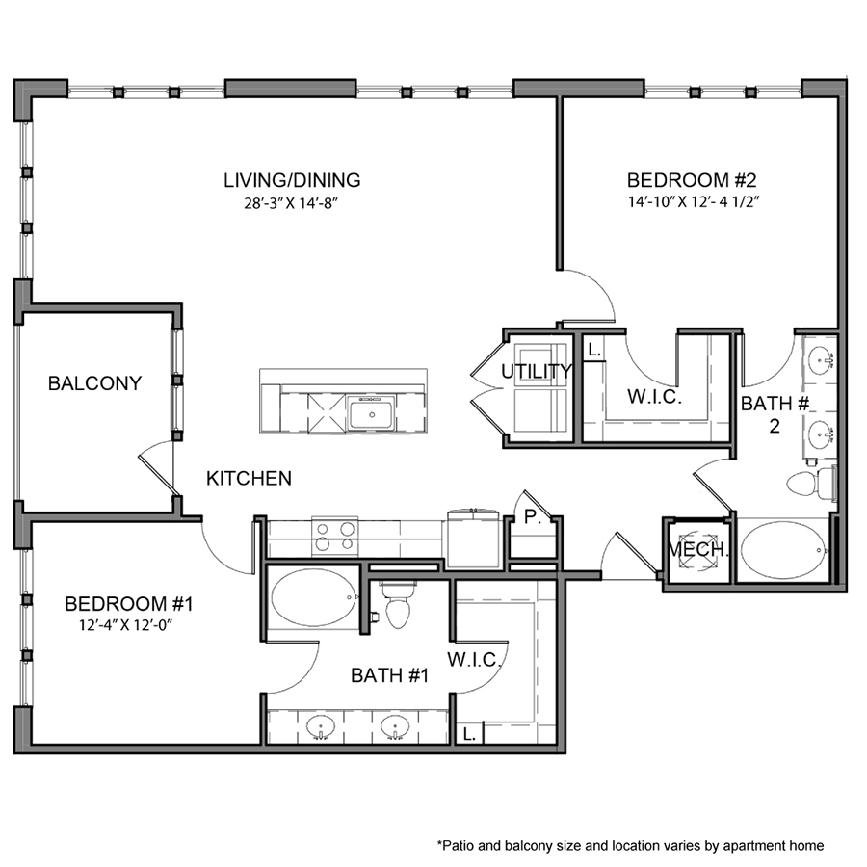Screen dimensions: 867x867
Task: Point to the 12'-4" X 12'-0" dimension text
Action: pyautogui.click(x=130, y=626)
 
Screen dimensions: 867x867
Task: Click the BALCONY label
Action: pyautogui.click(x=94, y=383)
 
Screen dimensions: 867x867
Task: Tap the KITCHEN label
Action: pyautogui.click(x=250, y=478)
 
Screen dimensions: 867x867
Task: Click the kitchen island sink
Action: pyautogui.click(x=370, y=415)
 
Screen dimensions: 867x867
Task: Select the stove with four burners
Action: pyautogui.click(x=334, y=535)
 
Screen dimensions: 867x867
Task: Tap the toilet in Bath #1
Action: pyautogui.click(x=397, y=607)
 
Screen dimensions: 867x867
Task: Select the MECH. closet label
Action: pyautogui.click(x=698, y=551)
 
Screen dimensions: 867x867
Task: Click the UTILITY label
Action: pyautogui.click(x=537, y=371)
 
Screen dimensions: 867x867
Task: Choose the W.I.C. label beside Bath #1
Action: pyautogui.click(x=472, y=660)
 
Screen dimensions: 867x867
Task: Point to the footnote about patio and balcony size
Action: pyautogui.click(x=630, y=845)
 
